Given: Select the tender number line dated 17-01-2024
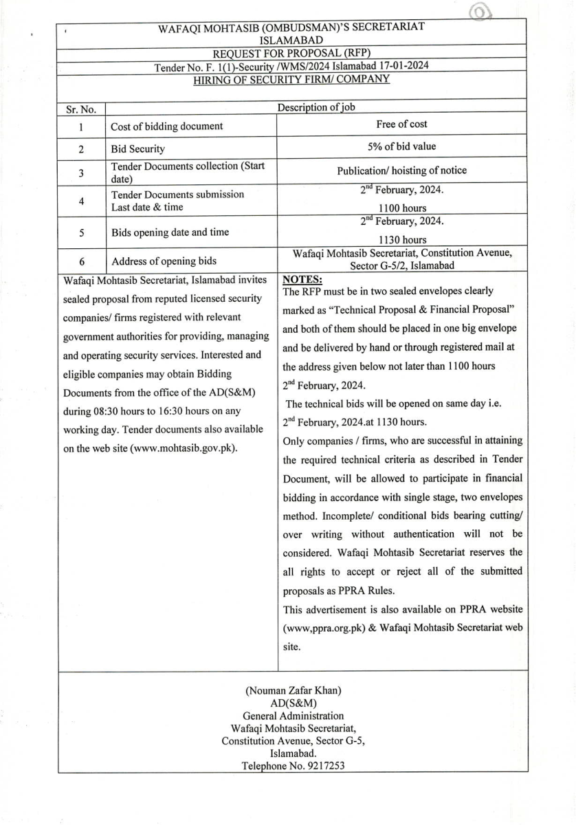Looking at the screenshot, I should [291, 67].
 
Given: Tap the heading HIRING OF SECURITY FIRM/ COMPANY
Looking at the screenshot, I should [291, 78].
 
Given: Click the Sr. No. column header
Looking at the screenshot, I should [82, 109].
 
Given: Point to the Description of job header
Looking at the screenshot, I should [316, 107].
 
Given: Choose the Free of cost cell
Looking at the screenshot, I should [401, 124].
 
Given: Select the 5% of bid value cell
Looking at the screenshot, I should [401, 146].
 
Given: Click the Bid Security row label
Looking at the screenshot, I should [138, 149].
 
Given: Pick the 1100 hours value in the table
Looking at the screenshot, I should [402, 208].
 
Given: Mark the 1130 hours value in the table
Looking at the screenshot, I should [402, 240].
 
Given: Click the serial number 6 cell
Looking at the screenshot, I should [81, 262].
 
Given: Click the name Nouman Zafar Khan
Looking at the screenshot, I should [293, 690].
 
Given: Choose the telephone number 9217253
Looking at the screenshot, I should [320, 766].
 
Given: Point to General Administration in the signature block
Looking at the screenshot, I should [293, 716].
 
